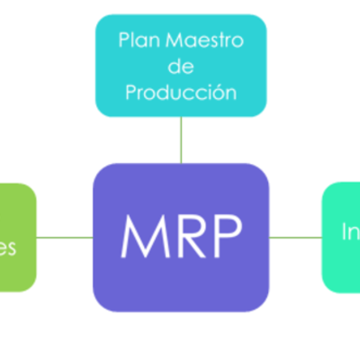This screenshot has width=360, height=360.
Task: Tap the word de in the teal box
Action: [181, 67]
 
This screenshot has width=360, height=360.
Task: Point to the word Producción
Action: [181, 92]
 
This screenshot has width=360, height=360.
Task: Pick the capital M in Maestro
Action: [172, 41]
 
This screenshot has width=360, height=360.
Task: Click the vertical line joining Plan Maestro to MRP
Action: [181, 140]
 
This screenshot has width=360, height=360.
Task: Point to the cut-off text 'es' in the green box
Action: [8, 247]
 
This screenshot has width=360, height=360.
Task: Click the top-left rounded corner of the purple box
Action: [100, 171]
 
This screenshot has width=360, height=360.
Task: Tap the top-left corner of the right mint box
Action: [328, 188]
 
